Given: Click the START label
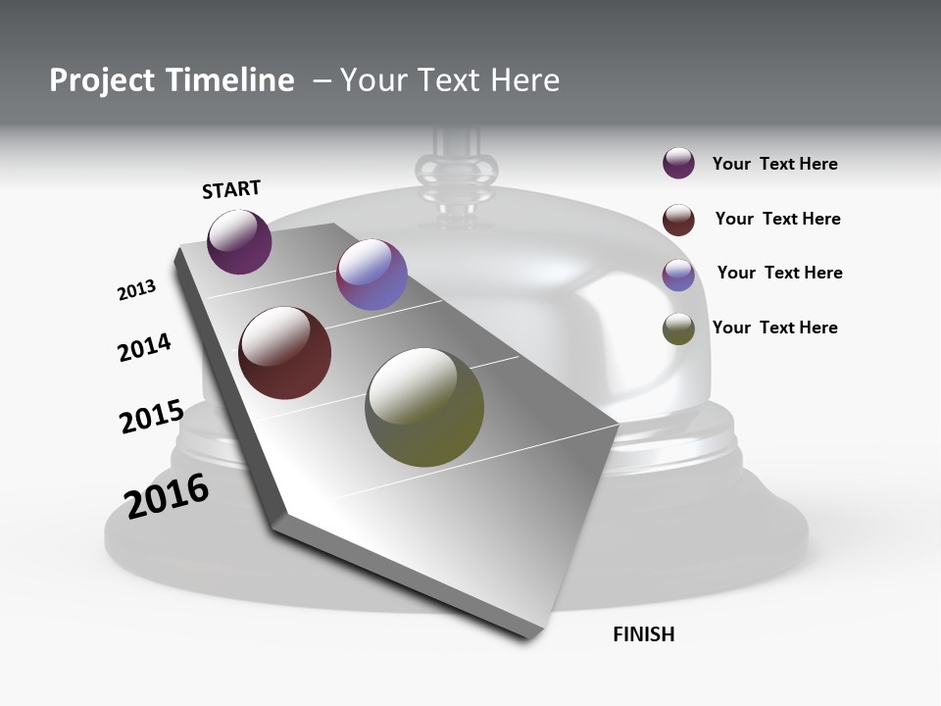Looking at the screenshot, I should point(231,189).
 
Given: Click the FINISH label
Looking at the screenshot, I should point(643,634).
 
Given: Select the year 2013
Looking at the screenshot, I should point(136,290).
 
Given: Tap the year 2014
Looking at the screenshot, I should point(144,348).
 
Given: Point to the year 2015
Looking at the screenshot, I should point(151,416).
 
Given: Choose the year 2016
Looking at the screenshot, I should point(167,496).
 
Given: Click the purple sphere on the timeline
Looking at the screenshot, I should point(239,241).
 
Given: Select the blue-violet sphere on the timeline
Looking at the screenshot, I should point(371,275).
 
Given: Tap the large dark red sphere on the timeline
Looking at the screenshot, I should point(284,353).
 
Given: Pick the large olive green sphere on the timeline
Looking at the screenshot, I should point(424,406).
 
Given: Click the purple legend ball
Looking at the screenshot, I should point(678,164).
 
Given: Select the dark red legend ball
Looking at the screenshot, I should point(678,220).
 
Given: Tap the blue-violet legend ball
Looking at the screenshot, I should point(678,275).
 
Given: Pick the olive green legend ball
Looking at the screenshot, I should point(678,328).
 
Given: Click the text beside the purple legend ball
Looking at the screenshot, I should point(774,164).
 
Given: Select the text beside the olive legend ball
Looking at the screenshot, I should point(774,328).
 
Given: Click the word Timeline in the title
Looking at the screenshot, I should point(231,80).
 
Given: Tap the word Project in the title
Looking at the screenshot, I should point(100,80).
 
